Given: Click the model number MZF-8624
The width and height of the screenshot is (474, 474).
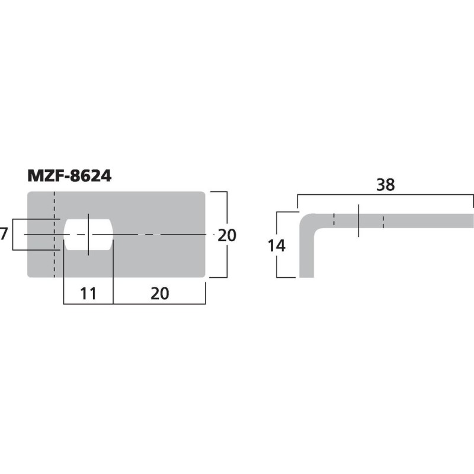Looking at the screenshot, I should [x=69, y=176].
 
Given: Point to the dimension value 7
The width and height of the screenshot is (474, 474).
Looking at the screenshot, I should [x=4, y=235].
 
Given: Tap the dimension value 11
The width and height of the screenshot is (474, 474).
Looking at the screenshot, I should [x=88, y=293].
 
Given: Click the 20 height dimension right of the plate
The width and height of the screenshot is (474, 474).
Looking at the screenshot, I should [x=226, y=235].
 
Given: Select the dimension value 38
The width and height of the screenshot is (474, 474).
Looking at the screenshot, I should [x=385, y=185].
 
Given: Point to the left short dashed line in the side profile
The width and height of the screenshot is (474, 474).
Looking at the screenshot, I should [x=334, y=220].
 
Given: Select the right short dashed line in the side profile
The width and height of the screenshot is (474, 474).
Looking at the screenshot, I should [x=383, y=220].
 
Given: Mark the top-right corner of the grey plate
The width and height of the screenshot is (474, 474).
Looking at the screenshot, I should [x=203, y=194].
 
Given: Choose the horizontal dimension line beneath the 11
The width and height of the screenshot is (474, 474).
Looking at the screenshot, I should [x=88, y=304].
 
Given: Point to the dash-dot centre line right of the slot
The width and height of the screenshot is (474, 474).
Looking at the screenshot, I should [x=160, y=235].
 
